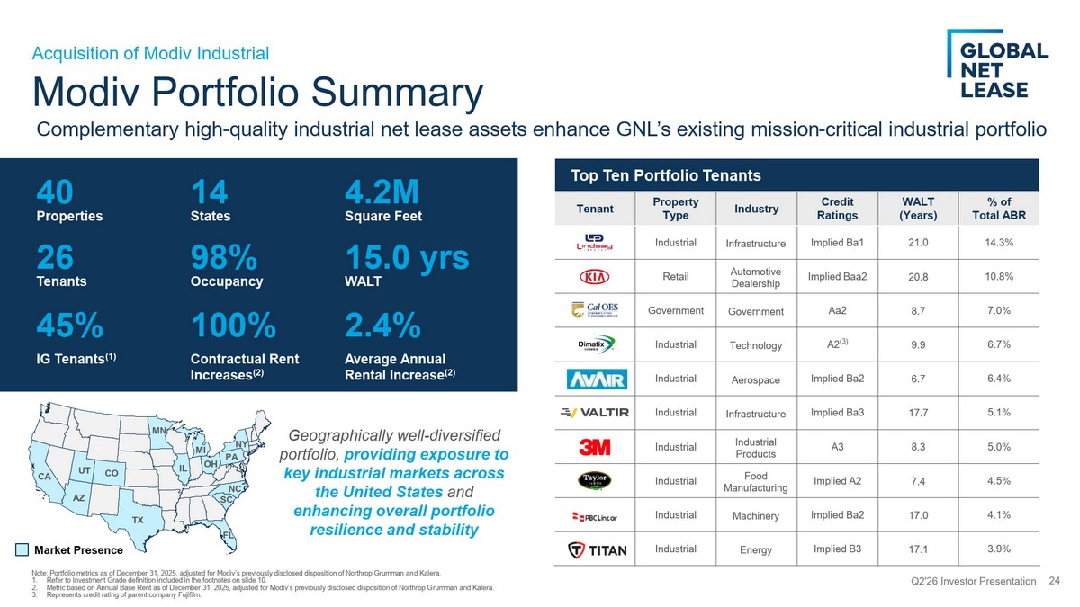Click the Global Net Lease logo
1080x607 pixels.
tap(997, 64)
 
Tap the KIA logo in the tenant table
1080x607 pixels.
tap(595, 277)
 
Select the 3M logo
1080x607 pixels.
tap(595, 447)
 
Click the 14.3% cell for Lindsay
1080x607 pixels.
tap(998, 242)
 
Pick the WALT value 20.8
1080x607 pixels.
tap(918, 277)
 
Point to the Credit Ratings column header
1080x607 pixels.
tap(837, 208)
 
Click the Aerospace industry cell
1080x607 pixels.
tap(755, 379)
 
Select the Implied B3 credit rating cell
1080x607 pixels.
tap(837, 549)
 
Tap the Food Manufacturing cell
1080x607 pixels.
tap(755, 482)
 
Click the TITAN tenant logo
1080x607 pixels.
tap(597, 549)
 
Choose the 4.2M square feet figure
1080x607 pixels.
tap(382, 192)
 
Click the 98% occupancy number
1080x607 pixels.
tap(224, 257)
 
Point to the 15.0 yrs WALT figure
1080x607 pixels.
tap(408, 257)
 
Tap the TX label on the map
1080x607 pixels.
tap(138, 520)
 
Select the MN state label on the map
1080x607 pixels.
tap(159, 430)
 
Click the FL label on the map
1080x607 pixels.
tap(228, 535)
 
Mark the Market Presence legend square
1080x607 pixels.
tap(22, 549)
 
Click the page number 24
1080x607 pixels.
tap(1054, 581)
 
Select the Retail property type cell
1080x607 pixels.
tap(676, 277)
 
